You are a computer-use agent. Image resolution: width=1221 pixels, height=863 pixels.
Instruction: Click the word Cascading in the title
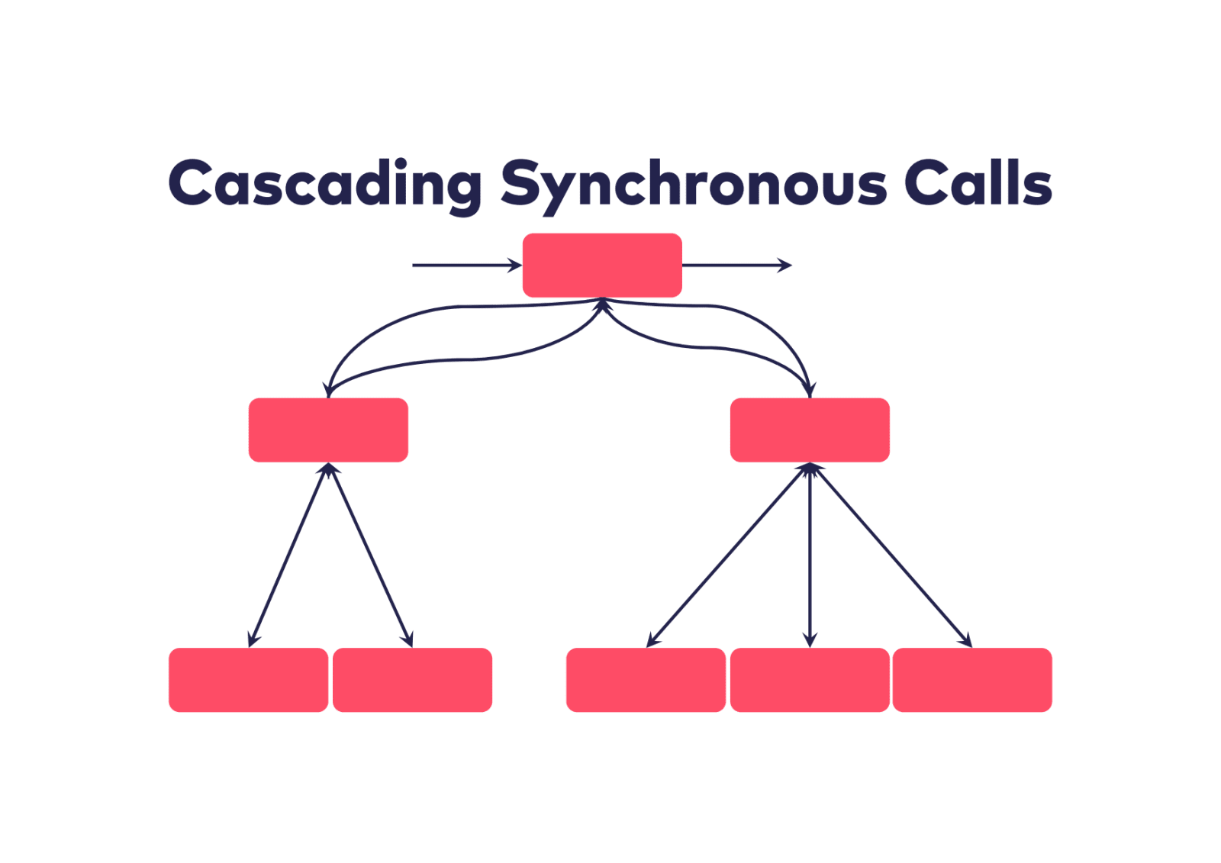[x=324, y=184]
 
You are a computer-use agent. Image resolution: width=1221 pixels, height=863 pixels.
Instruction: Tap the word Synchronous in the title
[x=693, y=184]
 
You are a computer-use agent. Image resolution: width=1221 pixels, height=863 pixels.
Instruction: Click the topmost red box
[x=602, y=265]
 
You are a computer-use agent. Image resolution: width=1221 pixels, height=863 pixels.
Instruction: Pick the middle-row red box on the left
[x=328, y=430]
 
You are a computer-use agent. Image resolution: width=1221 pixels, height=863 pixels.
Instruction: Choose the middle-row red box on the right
[x=810, y=430]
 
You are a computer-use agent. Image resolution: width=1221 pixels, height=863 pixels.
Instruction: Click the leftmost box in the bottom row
[x=248, y=680]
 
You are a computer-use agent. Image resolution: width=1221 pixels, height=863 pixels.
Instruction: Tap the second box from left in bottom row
[x=412, y=680]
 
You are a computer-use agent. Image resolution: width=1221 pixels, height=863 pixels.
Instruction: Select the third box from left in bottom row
[x=646, y=680]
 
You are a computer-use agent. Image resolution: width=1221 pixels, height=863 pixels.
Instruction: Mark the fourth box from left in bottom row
[x=810, y=680]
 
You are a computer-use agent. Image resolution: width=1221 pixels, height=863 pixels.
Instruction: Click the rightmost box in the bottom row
[x=972, y=680]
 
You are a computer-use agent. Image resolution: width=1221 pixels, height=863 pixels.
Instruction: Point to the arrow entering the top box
[x=466, y=266]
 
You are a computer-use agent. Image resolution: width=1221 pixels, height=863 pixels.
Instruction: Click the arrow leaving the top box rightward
[x=736, y=266]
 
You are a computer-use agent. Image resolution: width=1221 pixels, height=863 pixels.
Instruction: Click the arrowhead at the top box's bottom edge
[x=603, y=304]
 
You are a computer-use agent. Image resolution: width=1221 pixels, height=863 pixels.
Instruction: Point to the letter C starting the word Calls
[x=926, y=183]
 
